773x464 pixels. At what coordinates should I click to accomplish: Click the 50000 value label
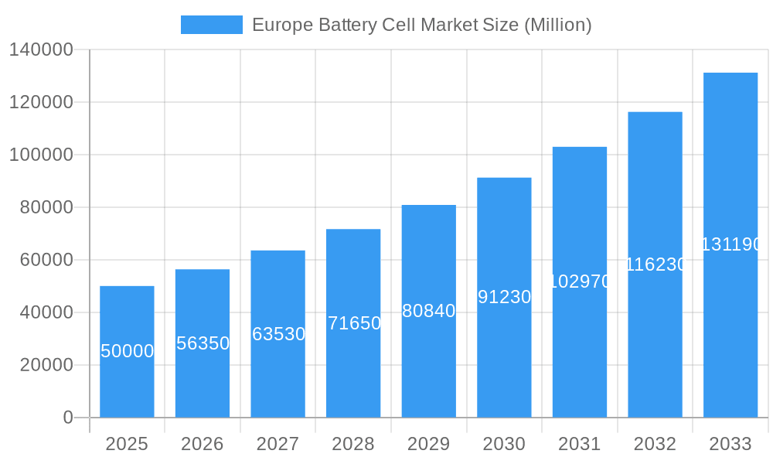tap(127, 351)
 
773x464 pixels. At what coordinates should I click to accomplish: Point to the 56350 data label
tap(203, 343)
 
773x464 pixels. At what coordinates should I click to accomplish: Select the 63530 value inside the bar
tap(278, 334)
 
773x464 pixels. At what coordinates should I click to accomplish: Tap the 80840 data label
tap(429, 311)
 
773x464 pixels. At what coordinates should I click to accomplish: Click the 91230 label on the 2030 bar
tap(504, 297)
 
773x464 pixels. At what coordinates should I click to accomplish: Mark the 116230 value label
tap(656, 264)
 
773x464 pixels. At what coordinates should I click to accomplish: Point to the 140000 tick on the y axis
tap(41, 50)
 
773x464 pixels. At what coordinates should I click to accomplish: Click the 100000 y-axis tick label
tap(41, 155)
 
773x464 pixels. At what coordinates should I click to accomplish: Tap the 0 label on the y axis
tap(68, 418)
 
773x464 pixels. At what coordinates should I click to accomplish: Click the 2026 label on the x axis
tap(203, 444)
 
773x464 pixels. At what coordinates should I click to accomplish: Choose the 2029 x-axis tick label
tap(429, 444)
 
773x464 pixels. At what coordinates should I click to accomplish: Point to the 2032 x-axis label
tap(656, 444)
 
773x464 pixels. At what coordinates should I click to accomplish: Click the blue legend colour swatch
tap(211, 25)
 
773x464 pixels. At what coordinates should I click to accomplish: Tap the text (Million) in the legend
tap(557, 25)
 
